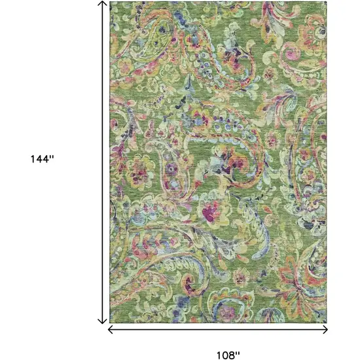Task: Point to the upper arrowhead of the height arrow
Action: (x=102, y=4)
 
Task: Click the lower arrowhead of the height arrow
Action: (x=102, y=321)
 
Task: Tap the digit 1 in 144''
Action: (x=33, y=159)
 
